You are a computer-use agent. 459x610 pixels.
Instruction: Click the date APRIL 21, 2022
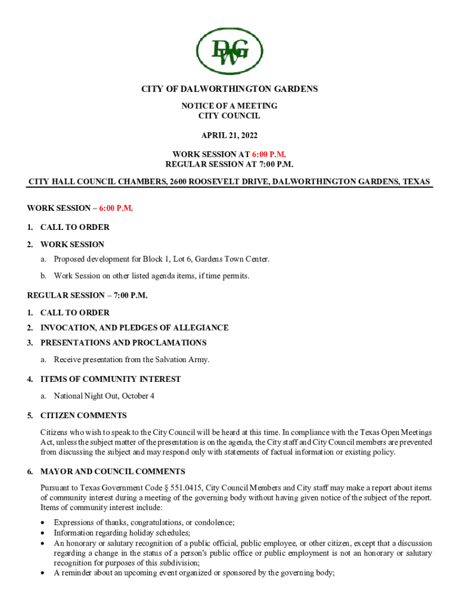point(229,135)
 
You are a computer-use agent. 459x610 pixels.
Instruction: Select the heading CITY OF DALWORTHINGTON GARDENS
point(229,89)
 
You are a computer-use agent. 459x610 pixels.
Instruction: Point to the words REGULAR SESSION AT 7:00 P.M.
point(229,164)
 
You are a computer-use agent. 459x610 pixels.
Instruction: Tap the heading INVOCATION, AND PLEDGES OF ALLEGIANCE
point(134,328)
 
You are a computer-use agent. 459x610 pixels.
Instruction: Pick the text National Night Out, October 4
point(104,396)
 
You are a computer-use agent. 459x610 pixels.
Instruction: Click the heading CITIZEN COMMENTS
point(83,415)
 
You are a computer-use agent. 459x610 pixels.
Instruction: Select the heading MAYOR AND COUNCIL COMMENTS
point(113,471)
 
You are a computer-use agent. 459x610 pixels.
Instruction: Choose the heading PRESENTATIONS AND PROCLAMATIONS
point(123,343)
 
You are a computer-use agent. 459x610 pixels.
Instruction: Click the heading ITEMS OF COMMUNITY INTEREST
point(110,379)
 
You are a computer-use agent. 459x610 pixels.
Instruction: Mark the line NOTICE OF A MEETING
point(229,105)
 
